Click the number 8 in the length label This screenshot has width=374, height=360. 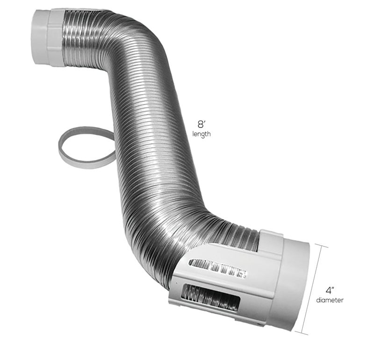201,125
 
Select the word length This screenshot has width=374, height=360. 202,134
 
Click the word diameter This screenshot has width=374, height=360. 330,300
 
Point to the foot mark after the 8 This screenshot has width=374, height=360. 205,122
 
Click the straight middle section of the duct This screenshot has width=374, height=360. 150,140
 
